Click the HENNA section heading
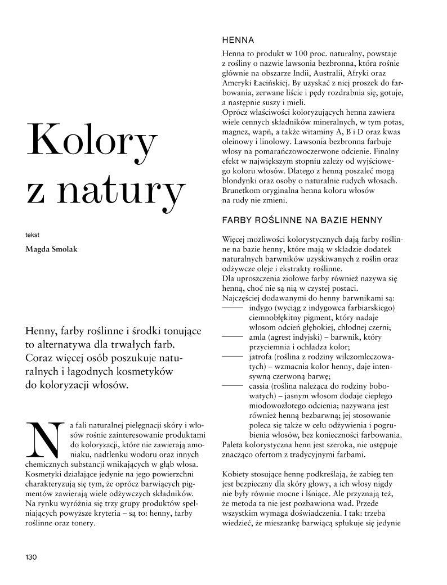point(239,40)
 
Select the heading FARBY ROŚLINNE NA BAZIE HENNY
point(303,220)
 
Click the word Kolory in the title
point(91,143)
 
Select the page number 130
point(30,557)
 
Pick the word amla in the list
point(257,337)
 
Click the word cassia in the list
point(260,386)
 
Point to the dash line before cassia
point(233,386)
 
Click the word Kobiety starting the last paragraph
point(239,474)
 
